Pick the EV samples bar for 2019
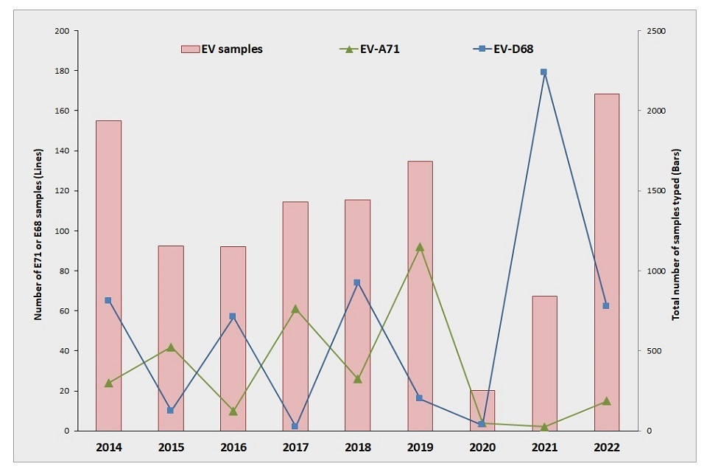point(420,295)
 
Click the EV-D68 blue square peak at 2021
point(544,72)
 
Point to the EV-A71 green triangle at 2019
point(420,247)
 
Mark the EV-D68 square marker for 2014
point(108,300)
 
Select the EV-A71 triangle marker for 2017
point(295,309)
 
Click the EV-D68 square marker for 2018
point(357,282)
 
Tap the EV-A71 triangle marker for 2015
point(171,347)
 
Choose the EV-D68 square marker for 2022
point(606,305)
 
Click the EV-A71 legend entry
point(369,49)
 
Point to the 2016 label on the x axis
point(233,448)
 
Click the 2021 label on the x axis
point(544,448)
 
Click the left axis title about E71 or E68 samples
point(37,230)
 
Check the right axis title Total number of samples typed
point(675,230)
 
